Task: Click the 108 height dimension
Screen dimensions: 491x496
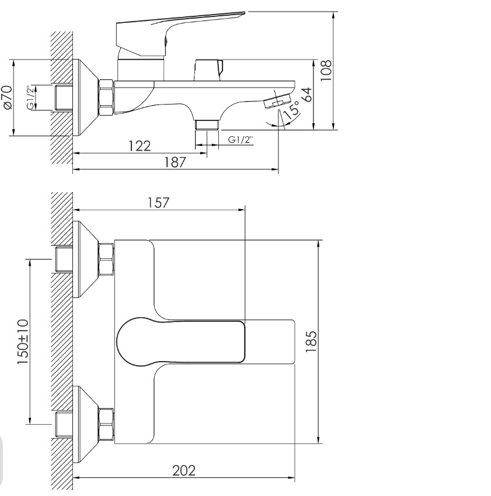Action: click(x=326, y=70)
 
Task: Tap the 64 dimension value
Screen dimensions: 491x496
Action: click(x=307, y=95)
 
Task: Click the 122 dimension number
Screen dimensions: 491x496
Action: click(x=140, y=146)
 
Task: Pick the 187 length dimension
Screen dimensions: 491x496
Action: click(x=175, y=162)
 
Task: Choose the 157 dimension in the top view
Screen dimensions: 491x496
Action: click(x=159, y=203)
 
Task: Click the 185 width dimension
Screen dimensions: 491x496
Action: click(x=311, y=342)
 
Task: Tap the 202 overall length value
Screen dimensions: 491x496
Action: click(x=184, y=470)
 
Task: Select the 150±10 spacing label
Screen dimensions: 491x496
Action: click(x=23, y=342)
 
